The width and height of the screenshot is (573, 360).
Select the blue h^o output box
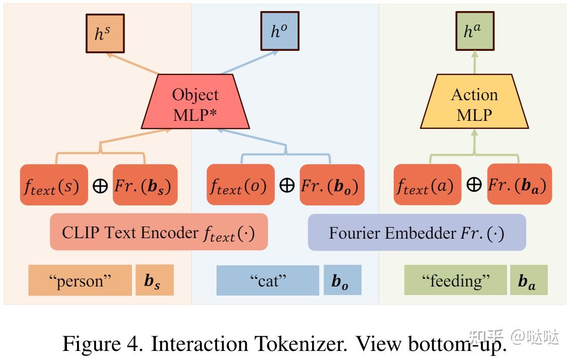pyautogui.click(x=279, y=32)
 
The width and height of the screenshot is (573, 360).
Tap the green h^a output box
pyautogui.click(x=474, y=32)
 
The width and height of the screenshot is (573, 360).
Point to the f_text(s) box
pyautogui.click(x=54, y=185)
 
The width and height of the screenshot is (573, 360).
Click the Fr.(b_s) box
pyautogui.click(x=145, y=185)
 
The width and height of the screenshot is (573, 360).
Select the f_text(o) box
pyautogui.click(x=241, y=185)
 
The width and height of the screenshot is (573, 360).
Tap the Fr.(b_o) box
pyautogui.click(x=332, y=185)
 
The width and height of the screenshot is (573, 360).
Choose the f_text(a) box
pyautogui.click(x=427, y=185)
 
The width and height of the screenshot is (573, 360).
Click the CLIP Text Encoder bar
pyautogui.click(x=159, y=232)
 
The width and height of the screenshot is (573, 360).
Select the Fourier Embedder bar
pyautogui.click(x=417, y=232)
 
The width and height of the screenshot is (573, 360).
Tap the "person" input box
pyautogui.click(x=80, y=280)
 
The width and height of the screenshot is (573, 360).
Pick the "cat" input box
pyautogui.click(x=267, y=280)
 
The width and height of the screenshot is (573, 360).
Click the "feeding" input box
pyautogui.click(x=455, y=280)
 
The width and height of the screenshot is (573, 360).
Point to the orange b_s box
pyautogui.click(x=155, y=280)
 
